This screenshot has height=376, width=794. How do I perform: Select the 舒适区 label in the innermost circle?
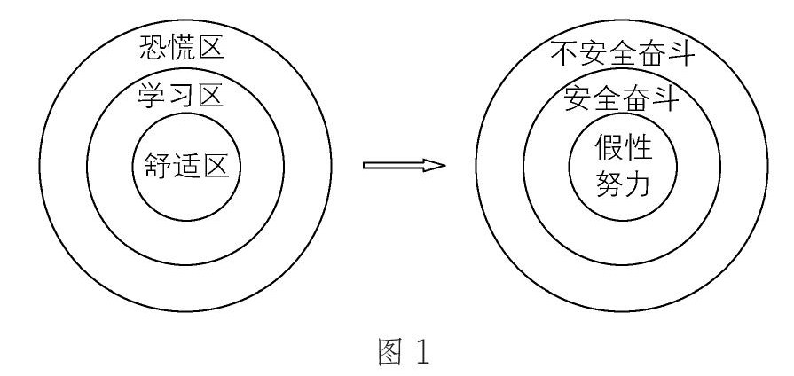(x=186, y=165)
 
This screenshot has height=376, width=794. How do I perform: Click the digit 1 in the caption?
(x=420, y=352)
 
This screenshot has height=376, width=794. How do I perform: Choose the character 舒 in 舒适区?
(x=153, y=165)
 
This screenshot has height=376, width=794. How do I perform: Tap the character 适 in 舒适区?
(x=186, y=165)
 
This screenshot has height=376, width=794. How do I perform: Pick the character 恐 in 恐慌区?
(x=153, y=47)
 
